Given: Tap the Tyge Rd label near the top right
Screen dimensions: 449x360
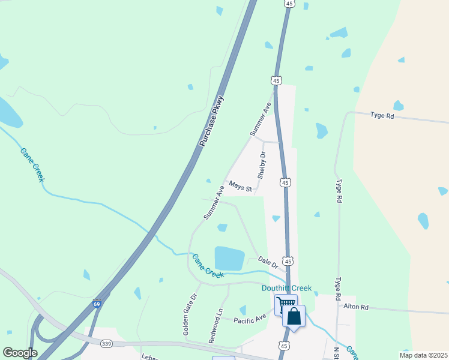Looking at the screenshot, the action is pos(382,115).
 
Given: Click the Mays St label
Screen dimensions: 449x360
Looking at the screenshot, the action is pos(240,187).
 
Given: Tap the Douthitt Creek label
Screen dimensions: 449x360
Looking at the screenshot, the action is pos(286,288).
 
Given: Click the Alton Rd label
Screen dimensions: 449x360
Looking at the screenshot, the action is pos(356,306).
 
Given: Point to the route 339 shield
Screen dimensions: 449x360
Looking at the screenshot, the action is pos(107,343).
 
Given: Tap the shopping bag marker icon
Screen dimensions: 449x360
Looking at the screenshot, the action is pos(294,316).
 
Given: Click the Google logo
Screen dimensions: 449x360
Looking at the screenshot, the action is pos(20,353).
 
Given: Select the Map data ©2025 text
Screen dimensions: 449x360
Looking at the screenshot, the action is pos(423,355).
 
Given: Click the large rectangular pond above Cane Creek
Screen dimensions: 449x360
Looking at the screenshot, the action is pos(229,258).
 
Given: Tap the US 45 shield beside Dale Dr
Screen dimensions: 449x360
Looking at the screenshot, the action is pos(288,262).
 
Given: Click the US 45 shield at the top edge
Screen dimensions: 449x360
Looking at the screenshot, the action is pos(289,4).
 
